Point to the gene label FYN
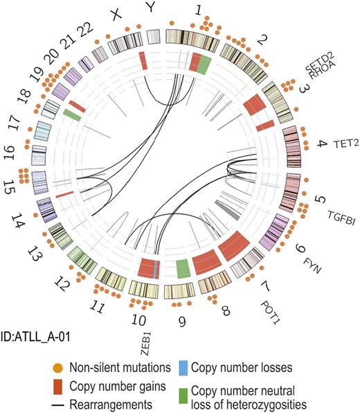tap(311, 261)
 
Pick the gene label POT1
tap(271, 301)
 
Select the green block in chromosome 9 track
tap(183, 268)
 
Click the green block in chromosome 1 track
tap(204, 67)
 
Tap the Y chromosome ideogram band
tap(154, 37)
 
